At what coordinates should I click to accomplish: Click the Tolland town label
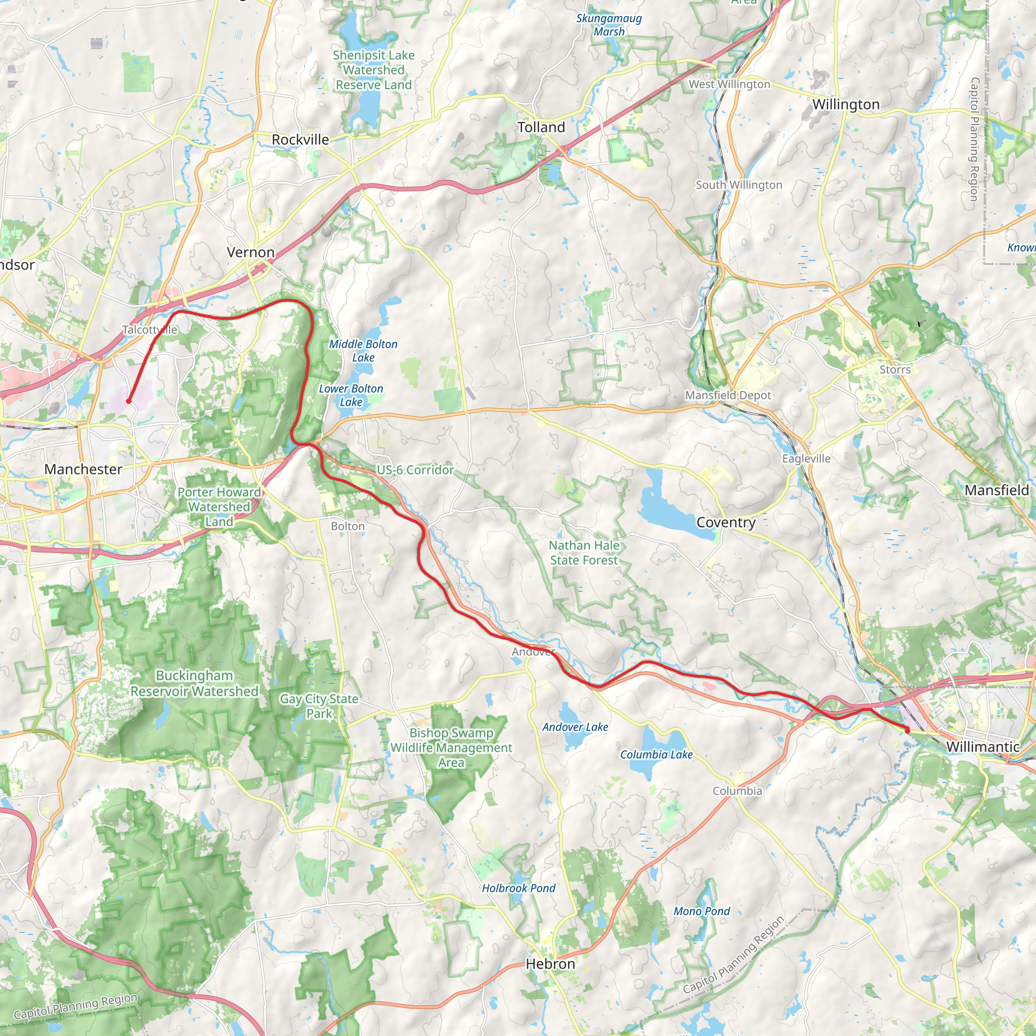[541, 127]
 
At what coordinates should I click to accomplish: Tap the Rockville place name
[300, 140]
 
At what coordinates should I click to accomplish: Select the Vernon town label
[250, 252]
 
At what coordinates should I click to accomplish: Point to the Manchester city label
[83, 470]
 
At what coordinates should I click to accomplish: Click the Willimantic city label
[982, 747]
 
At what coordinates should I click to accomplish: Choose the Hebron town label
[550, 964]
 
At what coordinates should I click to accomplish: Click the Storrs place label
[895, 370]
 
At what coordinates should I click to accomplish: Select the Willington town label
[846, 105]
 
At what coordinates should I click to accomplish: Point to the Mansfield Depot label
[727, 396]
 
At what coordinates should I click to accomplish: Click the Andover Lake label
[575, 727]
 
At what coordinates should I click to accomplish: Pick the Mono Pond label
[702, 912]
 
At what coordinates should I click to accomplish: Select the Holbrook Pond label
[519, 888]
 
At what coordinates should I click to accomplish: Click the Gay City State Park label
[319, 706]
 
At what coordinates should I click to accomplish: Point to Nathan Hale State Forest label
[583, 553]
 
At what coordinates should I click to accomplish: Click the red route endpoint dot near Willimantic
[908, 730]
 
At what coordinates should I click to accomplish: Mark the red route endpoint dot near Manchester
[128, 401]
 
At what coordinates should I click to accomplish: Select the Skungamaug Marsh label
[609, 25]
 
